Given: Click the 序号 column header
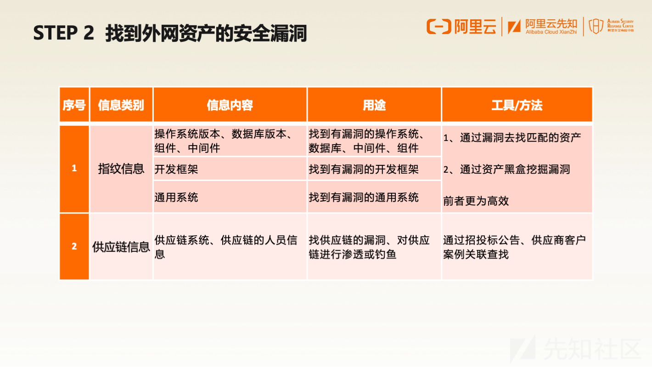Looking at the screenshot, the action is tap(74, 105).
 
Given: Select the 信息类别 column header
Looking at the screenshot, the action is tap(121, 105).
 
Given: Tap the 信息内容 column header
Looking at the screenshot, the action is tap(230, 105).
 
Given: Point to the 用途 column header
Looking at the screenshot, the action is tap(374, 105).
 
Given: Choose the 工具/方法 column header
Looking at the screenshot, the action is tap(517, 105).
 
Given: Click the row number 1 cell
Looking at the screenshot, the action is tap(74, 169).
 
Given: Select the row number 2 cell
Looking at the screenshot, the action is tap(74, 246).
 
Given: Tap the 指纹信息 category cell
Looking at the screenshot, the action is tap(121, 169).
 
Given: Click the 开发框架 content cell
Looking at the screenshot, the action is tap(230, 169).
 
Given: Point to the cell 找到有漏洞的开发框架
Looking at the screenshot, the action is tap(374, 169).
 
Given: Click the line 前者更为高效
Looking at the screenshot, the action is tap(476, 201).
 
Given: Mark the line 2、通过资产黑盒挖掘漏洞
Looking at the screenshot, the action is tap(506, 169).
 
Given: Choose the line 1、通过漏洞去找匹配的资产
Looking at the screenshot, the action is tap(512, 137).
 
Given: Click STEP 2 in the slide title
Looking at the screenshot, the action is tap(63, 33).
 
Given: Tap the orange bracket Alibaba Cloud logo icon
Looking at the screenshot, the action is tap(438, 27).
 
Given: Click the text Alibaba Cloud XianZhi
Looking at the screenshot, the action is tap(551, 32).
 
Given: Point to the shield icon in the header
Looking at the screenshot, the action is tap(596, 26).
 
